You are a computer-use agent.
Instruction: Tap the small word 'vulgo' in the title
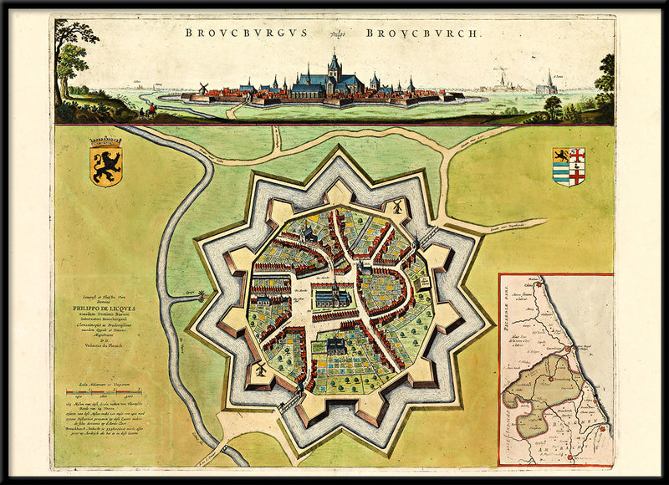pyautogui.click(x=336, y=34)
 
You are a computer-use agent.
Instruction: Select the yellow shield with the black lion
pyautogui.click(x=106, y=162)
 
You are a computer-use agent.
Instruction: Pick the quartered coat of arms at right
pyautogui.click(x=569, y=166)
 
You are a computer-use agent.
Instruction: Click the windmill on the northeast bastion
pyautogui.click(x=396, y=205)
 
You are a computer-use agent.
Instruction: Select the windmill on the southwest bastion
pyautogui.click(x=261, y=368)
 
